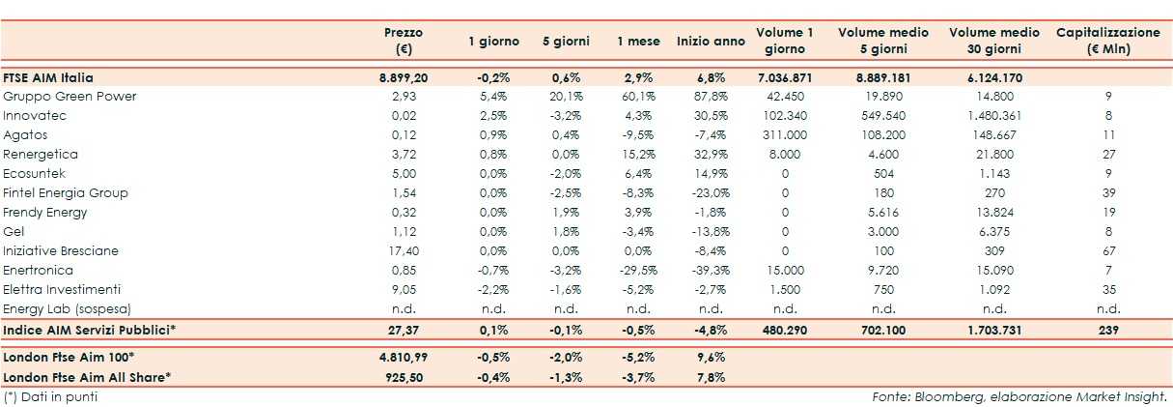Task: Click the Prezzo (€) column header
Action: click(x=403, y=41)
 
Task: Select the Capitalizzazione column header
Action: click(x=1108, y=41)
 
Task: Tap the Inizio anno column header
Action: click(x=711, y=42)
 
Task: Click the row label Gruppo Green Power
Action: click(x=70, y=97)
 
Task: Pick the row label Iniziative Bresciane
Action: click(x=61, y=251)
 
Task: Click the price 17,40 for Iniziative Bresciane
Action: click(x=404, y=251)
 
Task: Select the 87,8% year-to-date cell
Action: click(x=711, y=97)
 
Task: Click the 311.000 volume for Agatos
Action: click(x=784, y=135)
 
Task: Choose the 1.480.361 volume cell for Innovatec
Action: click(x=994, y=116)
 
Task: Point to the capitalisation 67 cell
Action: click(x=1108, y=251)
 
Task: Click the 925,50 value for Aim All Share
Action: click(x=404, y=376)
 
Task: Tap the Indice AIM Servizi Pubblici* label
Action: click(x=90, y=331)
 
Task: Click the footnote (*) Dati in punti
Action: click(x=50, y=396)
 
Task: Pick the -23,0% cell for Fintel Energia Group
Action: click(x=711, y=193)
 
